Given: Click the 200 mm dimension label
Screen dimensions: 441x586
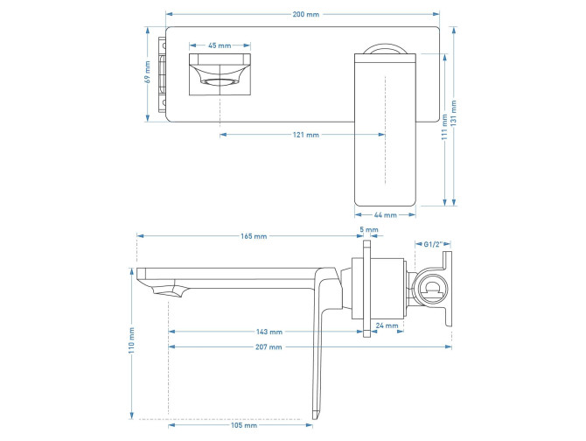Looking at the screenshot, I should coord(305,15).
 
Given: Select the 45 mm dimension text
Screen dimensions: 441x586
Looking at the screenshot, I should coord(220,45).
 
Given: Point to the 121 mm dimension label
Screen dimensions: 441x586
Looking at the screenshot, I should coord(306,135).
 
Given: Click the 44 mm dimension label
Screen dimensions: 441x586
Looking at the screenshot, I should coord(386,214).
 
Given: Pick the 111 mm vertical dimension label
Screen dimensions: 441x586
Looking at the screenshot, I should coord(444,128).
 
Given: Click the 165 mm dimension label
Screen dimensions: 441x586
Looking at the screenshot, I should coord(255,237).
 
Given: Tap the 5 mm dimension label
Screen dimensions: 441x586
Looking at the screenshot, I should coord(370,229).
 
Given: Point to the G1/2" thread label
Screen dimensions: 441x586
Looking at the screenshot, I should coord(435,244).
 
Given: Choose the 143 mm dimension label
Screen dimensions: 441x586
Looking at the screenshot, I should coord(269,332).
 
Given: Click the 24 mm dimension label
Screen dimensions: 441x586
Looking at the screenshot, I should coord(387,325).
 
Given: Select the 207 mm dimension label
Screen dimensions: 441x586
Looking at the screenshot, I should coord(269,347).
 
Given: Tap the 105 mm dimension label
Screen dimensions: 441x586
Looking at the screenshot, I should coord(244,426).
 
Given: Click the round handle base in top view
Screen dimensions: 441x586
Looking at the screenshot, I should coord(386,50).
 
